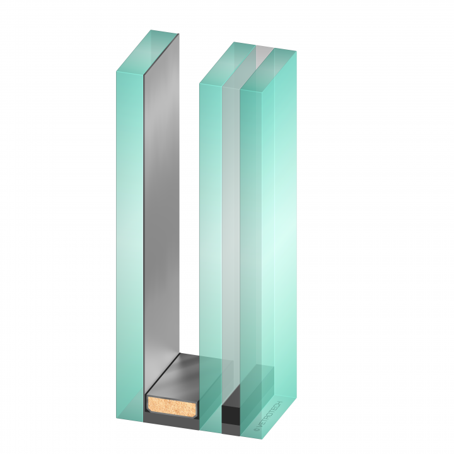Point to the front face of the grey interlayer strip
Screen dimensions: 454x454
[231, 252]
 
